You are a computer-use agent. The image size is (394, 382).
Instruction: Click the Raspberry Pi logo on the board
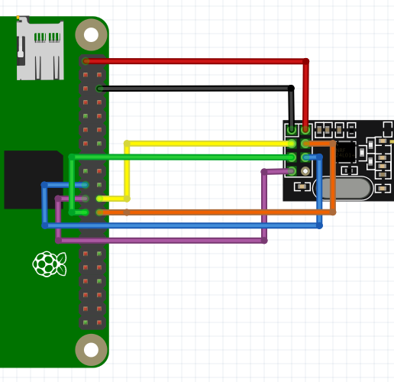(50, 264)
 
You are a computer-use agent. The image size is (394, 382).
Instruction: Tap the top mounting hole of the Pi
(91, 34)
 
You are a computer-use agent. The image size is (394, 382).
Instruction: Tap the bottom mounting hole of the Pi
(91, 350)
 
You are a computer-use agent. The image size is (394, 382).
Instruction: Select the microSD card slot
(40, 50)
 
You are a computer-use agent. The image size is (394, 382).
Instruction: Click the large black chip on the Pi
(32, 180)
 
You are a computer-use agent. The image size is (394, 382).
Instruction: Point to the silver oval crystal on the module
(341, 186)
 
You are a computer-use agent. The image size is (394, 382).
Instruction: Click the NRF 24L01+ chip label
(345, 152)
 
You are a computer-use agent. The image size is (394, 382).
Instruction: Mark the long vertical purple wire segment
(264, 206)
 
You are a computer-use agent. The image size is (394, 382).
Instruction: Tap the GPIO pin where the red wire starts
(86, 61)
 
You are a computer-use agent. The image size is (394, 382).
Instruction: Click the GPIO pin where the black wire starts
(99, 89)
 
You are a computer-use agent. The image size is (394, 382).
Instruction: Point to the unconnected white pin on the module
(305, 171)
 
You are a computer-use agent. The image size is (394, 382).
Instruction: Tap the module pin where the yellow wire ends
(292, 144)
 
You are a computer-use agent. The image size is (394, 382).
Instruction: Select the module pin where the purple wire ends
(292, 171)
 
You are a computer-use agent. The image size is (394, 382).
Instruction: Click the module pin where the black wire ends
(292, 130)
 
